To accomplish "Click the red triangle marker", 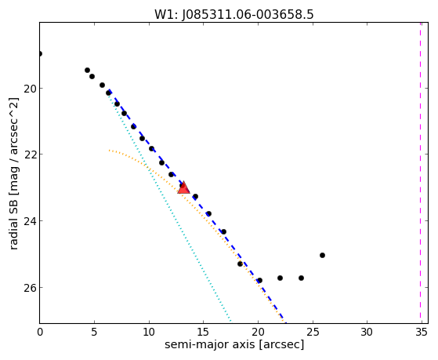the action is [183, 188].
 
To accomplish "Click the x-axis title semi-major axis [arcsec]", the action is [234, 344].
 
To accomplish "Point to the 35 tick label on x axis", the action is [422, 333].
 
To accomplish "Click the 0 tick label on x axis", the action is [40, 333].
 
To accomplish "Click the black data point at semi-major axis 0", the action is [40, 53].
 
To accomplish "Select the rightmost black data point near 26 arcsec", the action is [322, 255].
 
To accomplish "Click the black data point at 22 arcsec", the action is [280, 278].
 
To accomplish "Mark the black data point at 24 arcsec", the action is [301, 278].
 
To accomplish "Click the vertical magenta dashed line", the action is [420, 173].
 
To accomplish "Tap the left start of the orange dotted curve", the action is [110, 151].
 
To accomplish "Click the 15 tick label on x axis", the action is [203, 333].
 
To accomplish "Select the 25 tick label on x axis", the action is [313, 333].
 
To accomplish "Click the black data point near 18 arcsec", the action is [240, 264].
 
